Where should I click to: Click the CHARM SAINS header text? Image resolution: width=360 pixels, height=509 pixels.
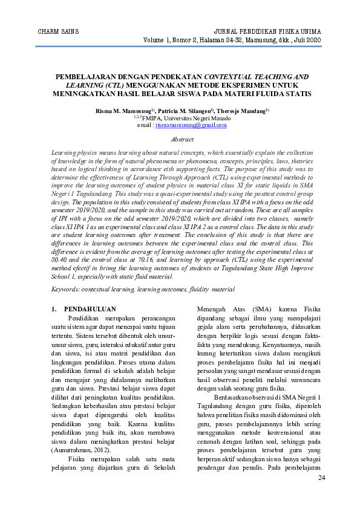58,31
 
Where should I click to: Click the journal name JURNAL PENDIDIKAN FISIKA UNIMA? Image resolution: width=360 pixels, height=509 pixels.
268,31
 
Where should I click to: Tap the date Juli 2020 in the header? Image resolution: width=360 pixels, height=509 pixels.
307,39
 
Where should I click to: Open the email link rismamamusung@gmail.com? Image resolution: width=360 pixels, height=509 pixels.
191,125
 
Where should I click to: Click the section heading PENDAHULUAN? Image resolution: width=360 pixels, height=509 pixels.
90,310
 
